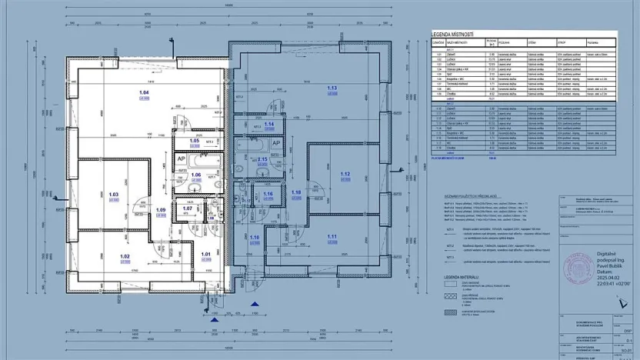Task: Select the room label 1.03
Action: [x=113, y=194]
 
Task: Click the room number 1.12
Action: [x=344, y=174]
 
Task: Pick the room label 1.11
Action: [x=332, y=236]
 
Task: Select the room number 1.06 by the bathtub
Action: [x=196, y=175]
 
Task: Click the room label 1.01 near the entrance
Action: [x=205, y=254]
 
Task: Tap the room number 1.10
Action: [x=254, y=238]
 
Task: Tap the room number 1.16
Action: [x=268, y=194]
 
